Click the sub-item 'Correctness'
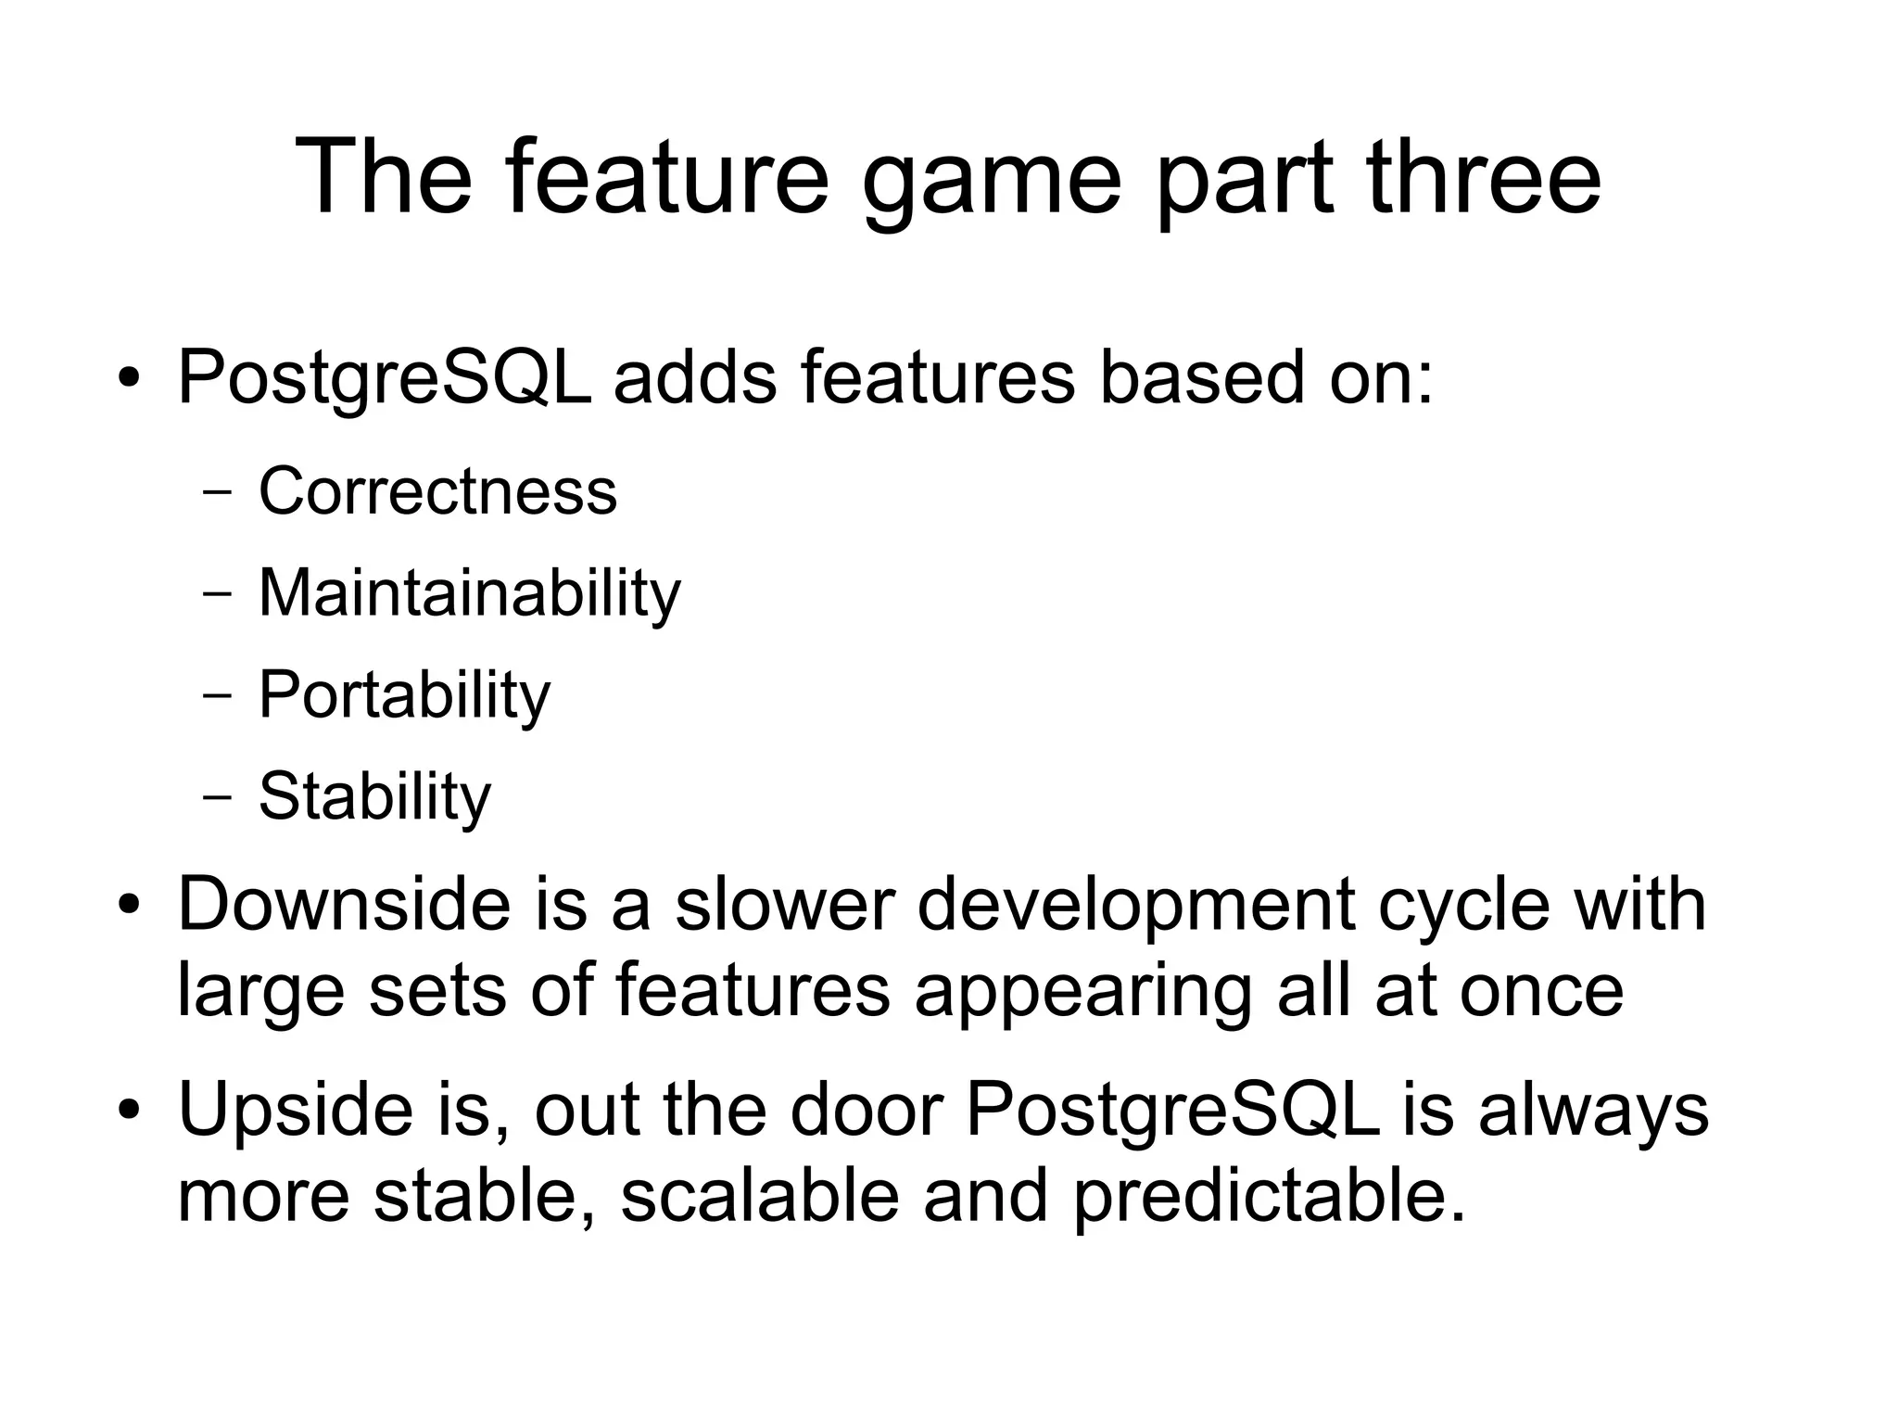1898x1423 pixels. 437,490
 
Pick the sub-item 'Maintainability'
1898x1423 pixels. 469,592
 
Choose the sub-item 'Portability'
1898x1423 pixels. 404,694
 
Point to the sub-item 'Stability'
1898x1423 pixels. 374,796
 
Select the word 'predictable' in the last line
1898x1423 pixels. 1260,1196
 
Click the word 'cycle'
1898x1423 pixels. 1463,907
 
